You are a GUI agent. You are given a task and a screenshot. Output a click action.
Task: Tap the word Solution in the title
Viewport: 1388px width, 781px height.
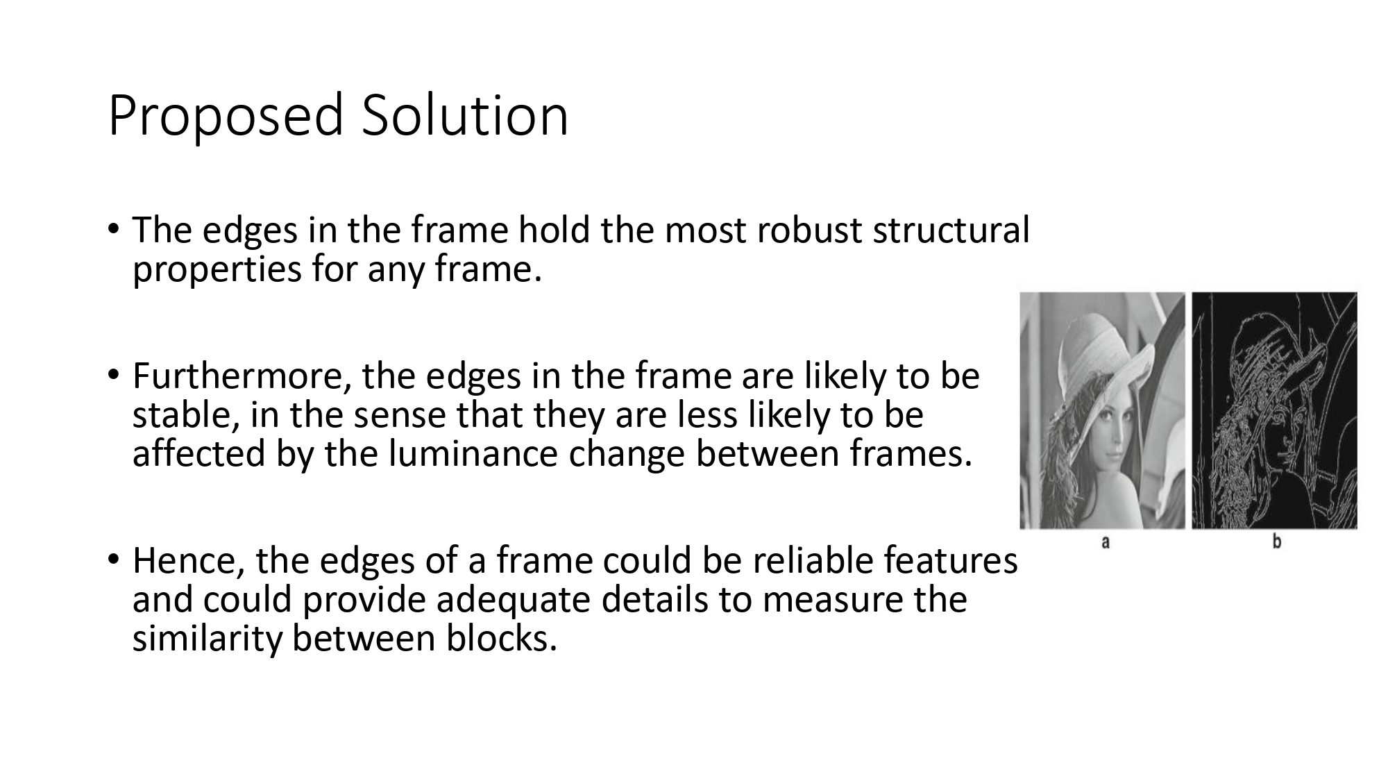click(464, 115)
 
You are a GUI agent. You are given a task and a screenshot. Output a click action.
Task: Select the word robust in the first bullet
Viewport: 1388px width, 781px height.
click(809, 230)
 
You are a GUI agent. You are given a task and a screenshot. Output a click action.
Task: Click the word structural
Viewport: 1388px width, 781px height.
click(951, 230)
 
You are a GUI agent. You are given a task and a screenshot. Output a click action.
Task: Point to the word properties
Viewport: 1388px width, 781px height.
click(217, 269)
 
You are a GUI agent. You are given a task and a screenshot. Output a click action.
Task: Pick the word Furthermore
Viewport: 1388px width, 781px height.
click(241, 376)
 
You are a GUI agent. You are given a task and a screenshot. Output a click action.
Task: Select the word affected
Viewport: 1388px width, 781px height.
click(199, 454)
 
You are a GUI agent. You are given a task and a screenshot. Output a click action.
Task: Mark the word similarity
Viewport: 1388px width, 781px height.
click(206, 639)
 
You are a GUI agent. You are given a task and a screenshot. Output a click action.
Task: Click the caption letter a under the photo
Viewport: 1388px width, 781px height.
click(1105, 542)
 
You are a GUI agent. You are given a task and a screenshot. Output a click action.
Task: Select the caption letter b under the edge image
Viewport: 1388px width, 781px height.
click(1276, 542)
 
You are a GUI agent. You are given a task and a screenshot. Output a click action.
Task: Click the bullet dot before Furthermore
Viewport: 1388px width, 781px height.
click(114, 376)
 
